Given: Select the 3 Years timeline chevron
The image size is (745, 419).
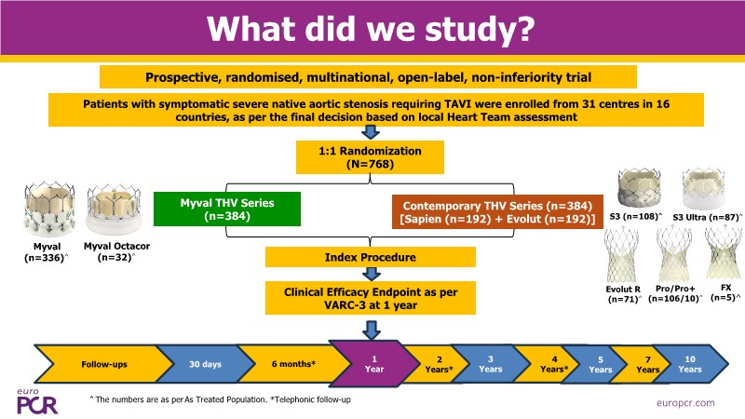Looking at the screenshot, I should coord(488,364).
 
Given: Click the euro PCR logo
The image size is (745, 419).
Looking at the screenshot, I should coord(35,399).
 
